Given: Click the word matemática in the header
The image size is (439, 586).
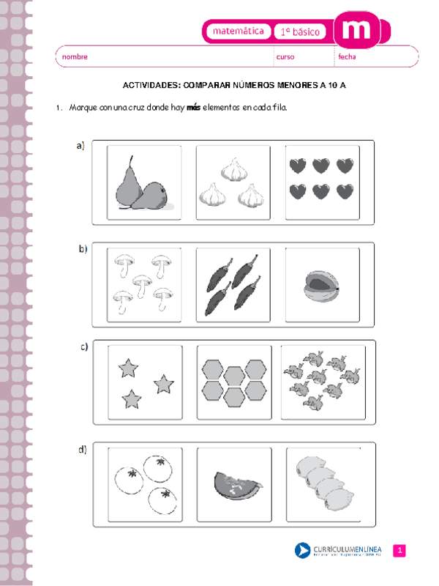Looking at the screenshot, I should (234, 31).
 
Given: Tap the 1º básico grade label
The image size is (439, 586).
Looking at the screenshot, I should (301, 31).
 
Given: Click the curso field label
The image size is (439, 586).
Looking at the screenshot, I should (285, 56).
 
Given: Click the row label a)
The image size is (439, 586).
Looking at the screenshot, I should (80, 146).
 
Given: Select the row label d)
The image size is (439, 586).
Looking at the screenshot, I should (82, 449).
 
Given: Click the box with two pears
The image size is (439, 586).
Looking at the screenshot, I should (143, 182).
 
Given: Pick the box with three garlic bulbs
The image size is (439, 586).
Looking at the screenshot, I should (233, 182).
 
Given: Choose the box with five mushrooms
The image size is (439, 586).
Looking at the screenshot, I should (143, 284).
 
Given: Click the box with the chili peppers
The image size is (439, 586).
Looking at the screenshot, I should (233, 284).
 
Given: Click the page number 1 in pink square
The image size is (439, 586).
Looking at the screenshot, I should (399, 551).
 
